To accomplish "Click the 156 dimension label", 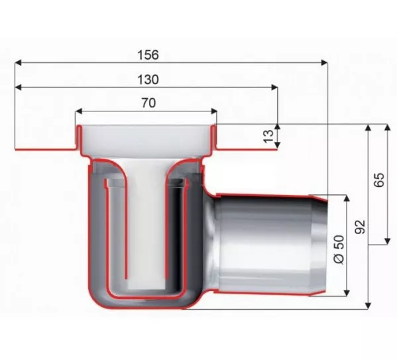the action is coord(148,55).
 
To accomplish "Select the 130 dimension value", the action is coord(148,80).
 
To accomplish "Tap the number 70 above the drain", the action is coord(148,103).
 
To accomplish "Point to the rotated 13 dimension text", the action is coord(268,137).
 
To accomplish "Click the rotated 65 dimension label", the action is coord(379,180).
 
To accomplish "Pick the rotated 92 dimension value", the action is coord(360,227).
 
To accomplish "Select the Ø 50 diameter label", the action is coord(339,250).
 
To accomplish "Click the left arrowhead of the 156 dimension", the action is coord(18,62).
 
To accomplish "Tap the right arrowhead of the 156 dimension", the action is coord(324,62).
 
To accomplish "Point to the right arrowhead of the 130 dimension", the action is coord(274,88).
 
